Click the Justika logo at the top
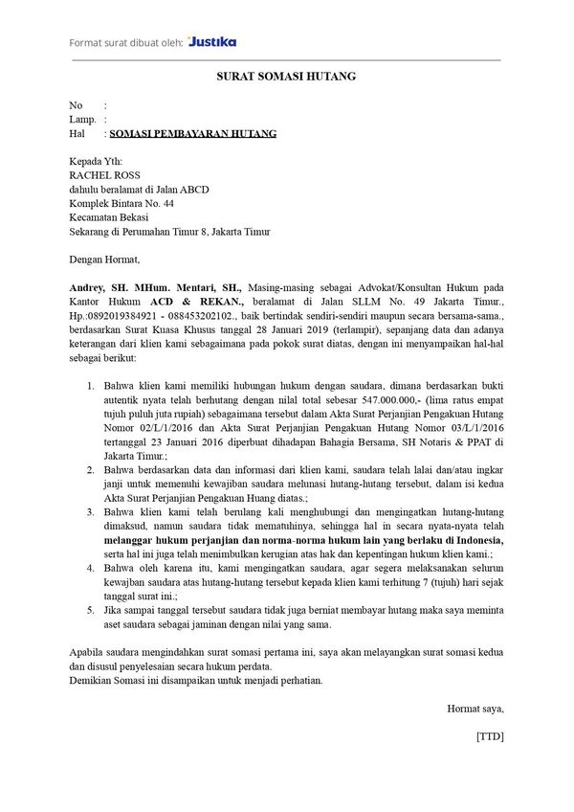coord(212,42)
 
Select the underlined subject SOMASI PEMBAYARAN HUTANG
coord(193,135)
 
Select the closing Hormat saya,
coord(475,709)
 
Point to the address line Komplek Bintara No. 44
coord(121,204)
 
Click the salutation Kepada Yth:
coord(96,163)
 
